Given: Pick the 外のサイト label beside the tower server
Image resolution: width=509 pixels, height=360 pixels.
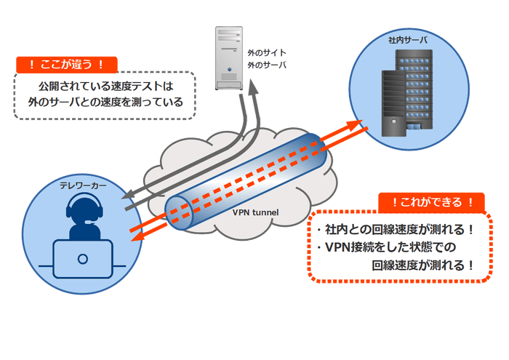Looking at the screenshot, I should click(x=267, y=54).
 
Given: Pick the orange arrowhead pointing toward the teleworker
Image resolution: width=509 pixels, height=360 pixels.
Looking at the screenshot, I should click(x=132, y=233).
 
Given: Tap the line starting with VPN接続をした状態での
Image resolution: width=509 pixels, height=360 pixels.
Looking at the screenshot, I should click(x=385, y=247).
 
